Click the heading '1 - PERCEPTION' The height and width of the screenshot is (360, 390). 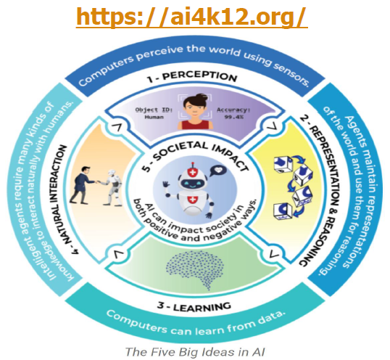click(192, 77)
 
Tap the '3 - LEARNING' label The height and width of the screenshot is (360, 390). click(194, 306)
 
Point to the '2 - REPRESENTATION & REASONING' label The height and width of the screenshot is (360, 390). click(320, 190)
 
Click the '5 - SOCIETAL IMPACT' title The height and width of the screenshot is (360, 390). click(196, 155)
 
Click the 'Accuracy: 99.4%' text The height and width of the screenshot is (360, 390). click(233, 113)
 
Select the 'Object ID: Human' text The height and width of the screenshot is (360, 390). click(154, 113)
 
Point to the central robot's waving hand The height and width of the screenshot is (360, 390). click(166, 186)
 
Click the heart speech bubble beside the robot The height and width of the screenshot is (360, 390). click(218, 171)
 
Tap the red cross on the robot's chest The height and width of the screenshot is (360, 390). click(192, 200)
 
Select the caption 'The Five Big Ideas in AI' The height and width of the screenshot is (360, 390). click(195, 352)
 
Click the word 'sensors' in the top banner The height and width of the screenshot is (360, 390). click(291, 74)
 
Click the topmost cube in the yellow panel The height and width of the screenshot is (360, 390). click(283, 165)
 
